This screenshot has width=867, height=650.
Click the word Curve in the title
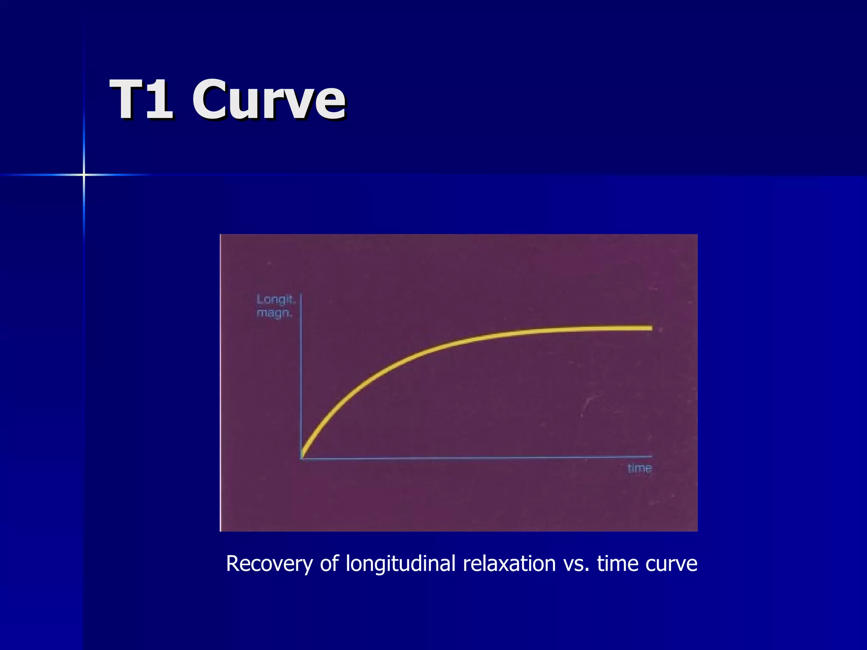pyautogui.click(x=269, y=100)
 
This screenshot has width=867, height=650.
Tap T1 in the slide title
pyautogui.click(x=142, y=100)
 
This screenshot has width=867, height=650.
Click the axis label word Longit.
pyautogui.click(x=275, y=300)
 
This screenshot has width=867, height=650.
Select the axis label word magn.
pyautogui.click(x=274, y=314)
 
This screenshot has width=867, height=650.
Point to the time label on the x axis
pyautogui.click(x=639, y=468)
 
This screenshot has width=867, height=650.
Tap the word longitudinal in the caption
pyautogui.click(x=400, y=564)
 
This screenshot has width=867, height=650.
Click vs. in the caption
pyautogui.click(x=576, y=564)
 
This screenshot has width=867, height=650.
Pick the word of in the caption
pyautogui.click(x=329, y=564)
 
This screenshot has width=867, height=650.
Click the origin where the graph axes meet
pyautogui.click(x=301, y=458)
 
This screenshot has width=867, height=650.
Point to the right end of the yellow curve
pyautogui.click(x=651, y=328)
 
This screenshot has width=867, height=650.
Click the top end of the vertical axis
pyautogui.click(x=301, y=294)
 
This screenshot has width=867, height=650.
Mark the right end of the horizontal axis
pyautogui.click(x=652, y=457)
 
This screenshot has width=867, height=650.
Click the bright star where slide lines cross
pyautogui.click(x=84, y=174)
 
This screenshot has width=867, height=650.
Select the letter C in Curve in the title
pyautogui.click(x=211, y=100)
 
